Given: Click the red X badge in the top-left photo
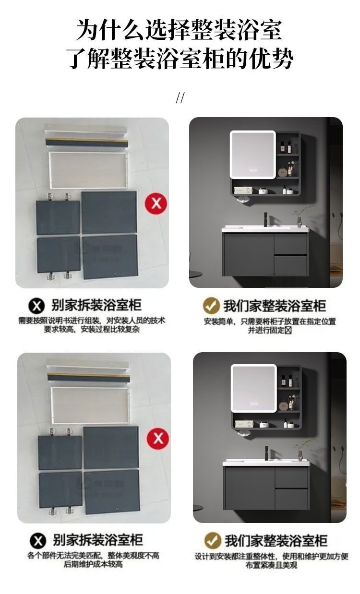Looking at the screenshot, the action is tap(156, 203).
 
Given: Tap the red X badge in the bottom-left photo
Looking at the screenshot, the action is tap(158, 439).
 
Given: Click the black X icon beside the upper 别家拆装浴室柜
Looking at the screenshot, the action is tap(36, 306).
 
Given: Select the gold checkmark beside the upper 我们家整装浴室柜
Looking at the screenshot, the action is tap(211, 306).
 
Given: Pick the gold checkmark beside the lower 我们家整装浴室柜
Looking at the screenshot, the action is tap(213, 540).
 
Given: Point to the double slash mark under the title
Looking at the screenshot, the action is tap(180, 97).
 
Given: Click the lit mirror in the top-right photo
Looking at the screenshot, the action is tap(253, 154).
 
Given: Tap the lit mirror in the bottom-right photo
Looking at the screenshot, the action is tap(254, 389).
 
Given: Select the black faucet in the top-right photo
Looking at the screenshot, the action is tap(266, 219).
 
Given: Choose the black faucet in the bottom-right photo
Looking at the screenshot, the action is tap(266, 453).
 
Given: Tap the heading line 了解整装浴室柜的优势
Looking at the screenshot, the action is tap(180, 59).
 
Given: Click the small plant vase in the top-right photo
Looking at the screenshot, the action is tap(299, 221).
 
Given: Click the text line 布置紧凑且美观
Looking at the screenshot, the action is tap(271, 565).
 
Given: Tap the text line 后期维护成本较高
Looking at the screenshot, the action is tap(93, 564).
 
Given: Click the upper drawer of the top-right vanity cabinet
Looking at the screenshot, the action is tap(290, 244).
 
